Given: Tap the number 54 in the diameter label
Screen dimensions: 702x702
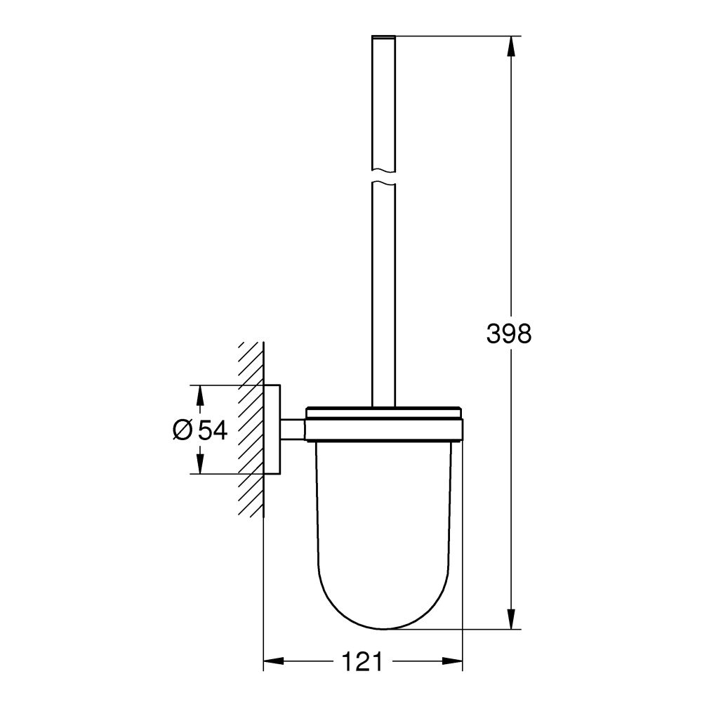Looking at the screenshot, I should [x=212, y=430].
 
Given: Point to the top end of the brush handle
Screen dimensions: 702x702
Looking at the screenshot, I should [x=381, y=36].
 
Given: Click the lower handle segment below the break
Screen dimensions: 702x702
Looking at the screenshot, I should [x=381, y=295].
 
